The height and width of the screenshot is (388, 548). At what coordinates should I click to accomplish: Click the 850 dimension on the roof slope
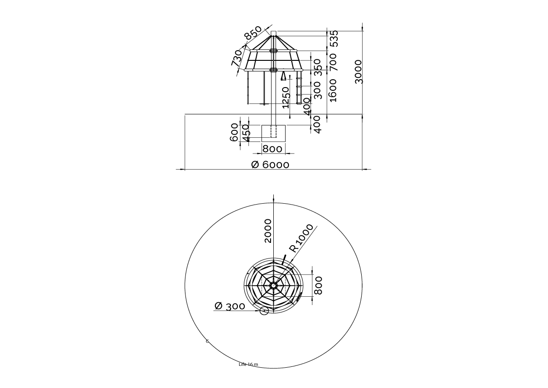tap(253, 33)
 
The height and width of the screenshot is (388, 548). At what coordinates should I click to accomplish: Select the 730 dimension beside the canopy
tap(237, 58)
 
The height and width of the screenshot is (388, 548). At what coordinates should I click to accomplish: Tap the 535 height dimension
tap(334, 38)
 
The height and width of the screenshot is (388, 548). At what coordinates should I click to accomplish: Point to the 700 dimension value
tap(333, 61)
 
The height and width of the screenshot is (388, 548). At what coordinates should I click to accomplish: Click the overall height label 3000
tap(359, 71)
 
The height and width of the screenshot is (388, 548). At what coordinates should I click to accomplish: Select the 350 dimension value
tap(317, 67)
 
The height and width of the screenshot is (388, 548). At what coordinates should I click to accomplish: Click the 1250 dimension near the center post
tap(286, 97)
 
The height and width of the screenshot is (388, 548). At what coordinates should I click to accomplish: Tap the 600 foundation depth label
tap(235, 132)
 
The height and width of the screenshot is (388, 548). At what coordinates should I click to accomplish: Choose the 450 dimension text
tap(246, 133)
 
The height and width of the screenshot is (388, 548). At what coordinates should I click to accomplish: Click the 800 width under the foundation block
tap(272, 149)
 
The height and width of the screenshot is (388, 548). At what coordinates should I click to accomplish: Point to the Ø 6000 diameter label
tap(271, 165)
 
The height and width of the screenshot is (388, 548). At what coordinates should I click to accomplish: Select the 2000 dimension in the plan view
tap(268, 230)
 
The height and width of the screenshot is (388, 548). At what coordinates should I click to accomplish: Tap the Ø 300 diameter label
tap(230, 306)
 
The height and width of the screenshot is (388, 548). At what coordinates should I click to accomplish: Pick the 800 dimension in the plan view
tap(318, 285)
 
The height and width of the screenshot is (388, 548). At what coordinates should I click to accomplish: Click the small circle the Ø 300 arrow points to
tap(264, 311)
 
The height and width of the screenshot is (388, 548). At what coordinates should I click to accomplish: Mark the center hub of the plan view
tap(273, 285)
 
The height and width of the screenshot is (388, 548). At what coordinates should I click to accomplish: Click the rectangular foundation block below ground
tap(273, 133)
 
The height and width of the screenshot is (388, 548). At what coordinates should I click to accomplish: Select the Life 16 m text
tap(248, 364)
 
